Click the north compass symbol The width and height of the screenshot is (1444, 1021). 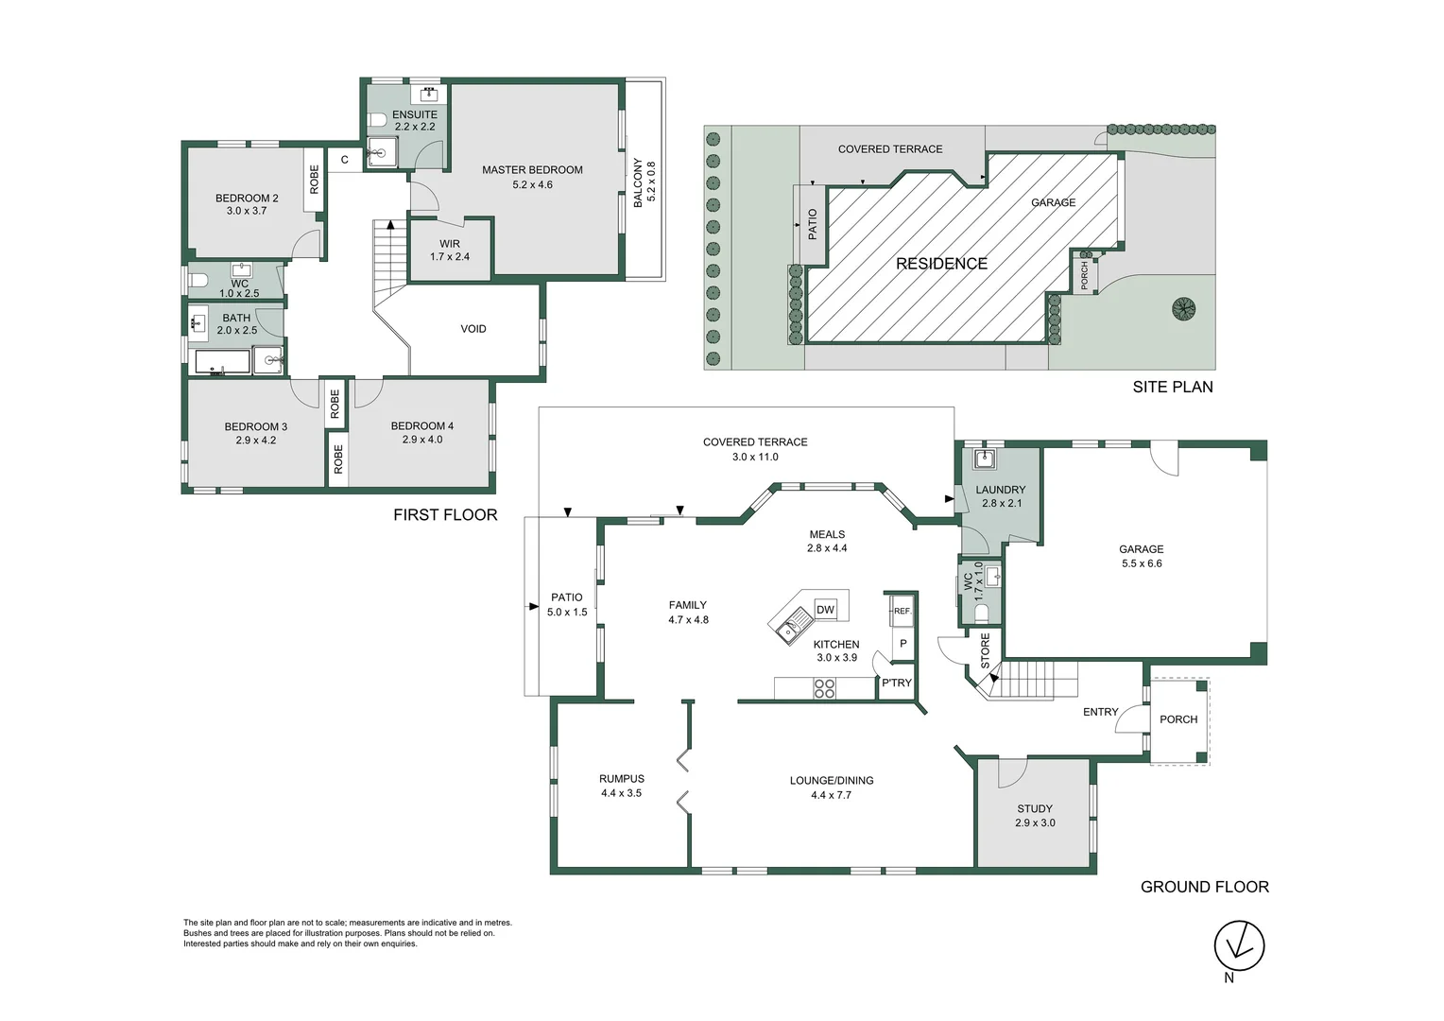1239,944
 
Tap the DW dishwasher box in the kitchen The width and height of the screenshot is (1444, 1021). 825,610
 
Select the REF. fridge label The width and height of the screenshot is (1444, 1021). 902,612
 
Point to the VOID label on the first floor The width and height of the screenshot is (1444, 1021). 473,329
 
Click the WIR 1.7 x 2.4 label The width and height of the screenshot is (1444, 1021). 450,251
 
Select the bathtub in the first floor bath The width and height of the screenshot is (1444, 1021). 223,362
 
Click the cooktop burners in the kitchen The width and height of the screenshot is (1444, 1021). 824,688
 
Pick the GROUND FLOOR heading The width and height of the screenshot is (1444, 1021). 1204,887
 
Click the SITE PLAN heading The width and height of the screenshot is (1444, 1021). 1173,387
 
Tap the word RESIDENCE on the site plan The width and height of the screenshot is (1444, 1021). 941,264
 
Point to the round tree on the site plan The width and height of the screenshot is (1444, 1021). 1183,308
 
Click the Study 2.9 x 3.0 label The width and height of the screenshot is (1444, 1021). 1035,816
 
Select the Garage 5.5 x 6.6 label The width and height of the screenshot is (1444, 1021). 1141,556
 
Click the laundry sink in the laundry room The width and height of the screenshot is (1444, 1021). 985,459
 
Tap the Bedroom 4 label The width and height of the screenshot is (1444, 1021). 421,432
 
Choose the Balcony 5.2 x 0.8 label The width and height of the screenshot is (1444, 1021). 644,183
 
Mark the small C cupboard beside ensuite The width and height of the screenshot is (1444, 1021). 345,160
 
